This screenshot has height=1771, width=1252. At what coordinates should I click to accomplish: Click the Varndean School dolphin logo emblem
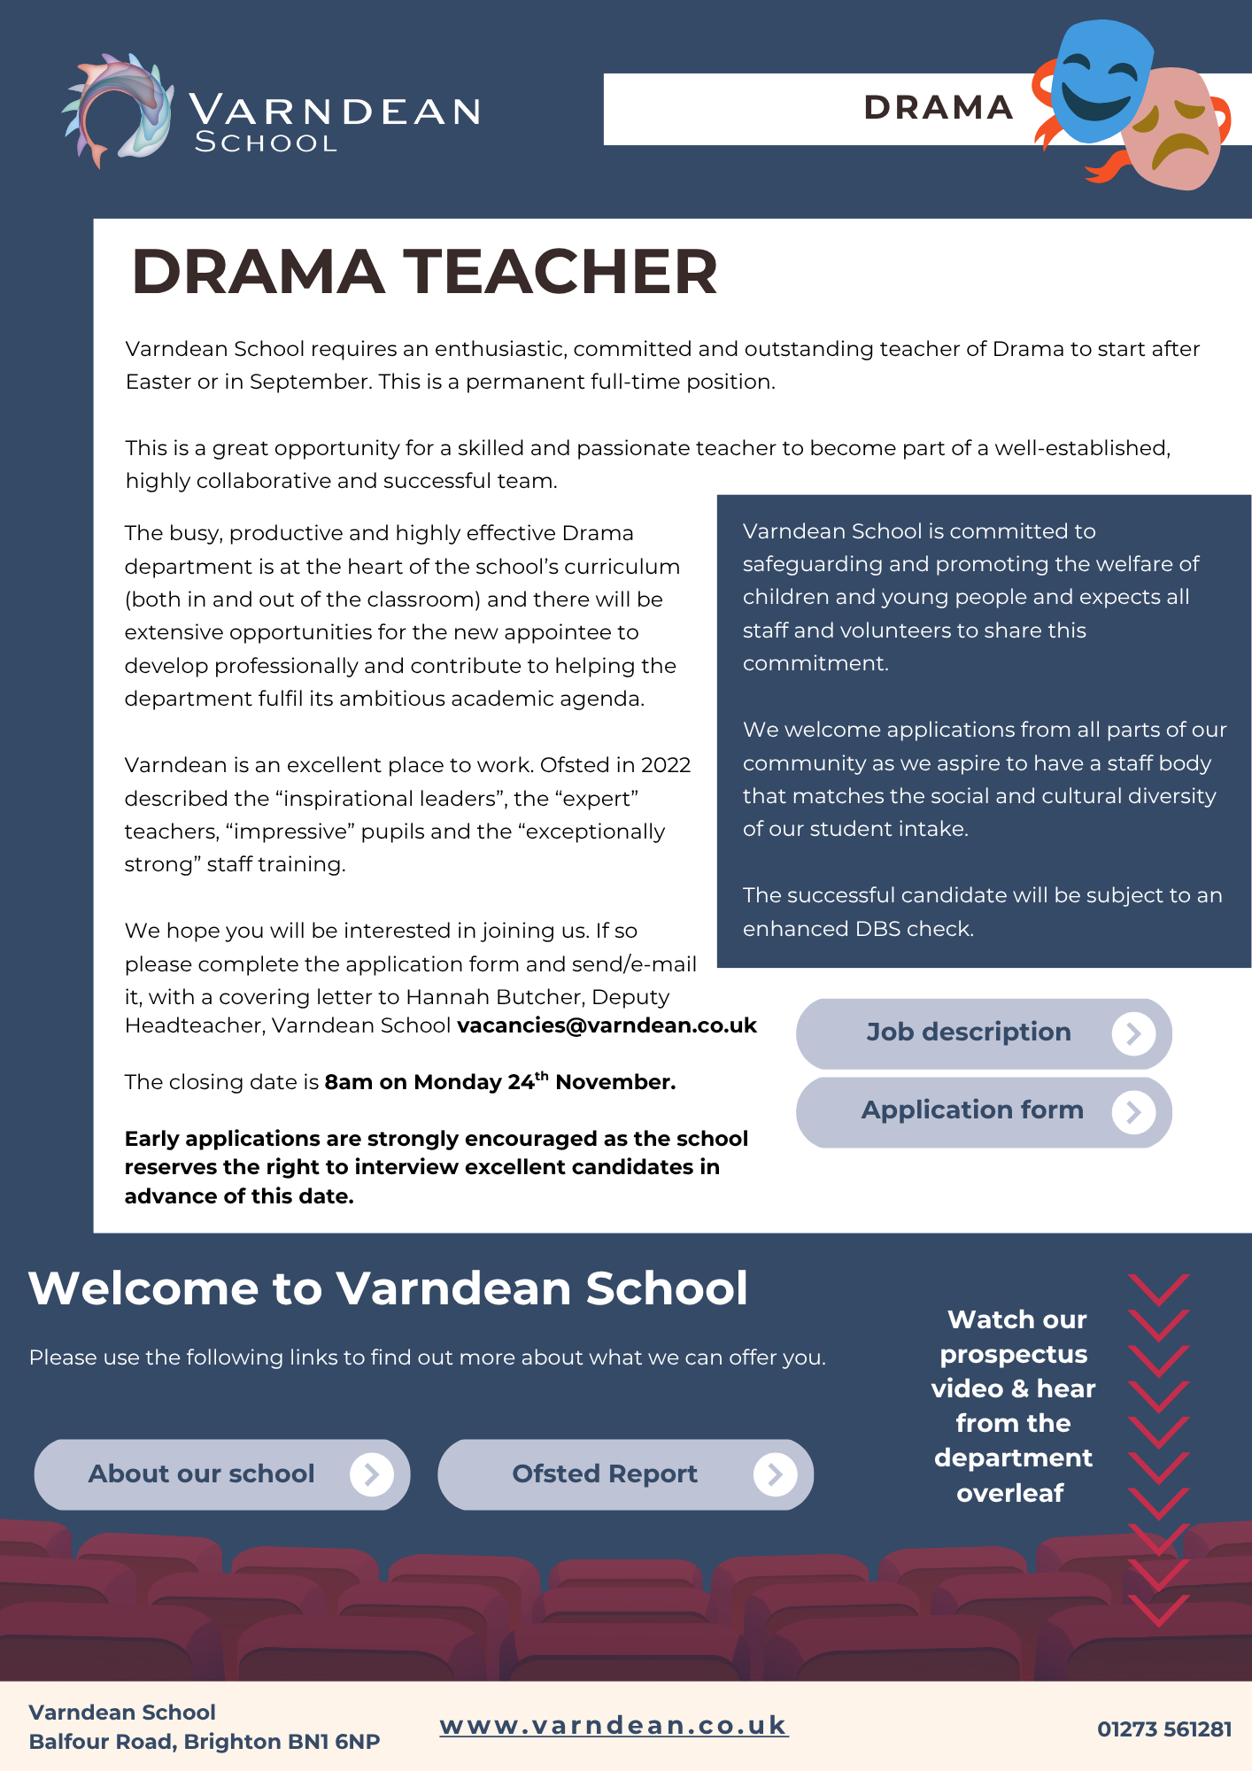pos(117,110)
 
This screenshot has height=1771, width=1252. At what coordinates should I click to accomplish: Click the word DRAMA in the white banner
pos(938,108)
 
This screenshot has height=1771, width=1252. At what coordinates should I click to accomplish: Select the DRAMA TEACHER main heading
pos(424,271)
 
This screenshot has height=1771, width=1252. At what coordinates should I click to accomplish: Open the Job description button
pos(983,1033)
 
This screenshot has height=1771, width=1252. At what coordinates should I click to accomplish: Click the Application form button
pos(983,1111)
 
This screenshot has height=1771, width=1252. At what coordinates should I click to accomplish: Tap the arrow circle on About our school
pos(372,1474)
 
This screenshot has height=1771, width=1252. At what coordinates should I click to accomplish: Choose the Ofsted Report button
pos(625,1474)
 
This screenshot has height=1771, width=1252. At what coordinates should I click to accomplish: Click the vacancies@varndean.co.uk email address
pos(607,1025)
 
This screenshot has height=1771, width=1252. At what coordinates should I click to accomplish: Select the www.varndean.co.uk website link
pos(614,1725)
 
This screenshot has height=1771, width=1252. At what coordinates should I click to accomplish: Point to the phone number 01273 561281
pos(1163,1729)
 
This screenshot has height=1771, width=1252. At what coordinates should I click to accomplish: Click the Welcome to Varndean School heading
pos(388,1288)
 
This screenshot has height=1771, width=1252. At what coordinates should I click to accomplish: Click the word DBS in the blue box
pos(877,929)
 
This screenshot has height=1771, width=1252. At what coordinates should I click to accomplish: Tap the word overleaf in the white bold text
pos(1010,1493)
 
